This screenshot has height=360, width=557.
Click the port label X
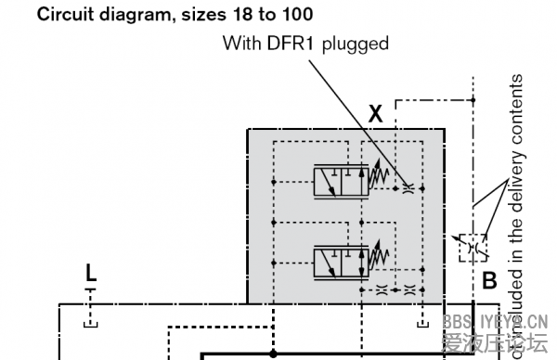(x=376, y=114)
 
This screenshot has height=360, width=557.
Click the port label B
(x=489, y=279)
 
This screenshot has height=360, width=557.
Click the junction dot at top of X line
(x=473, y=99)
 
